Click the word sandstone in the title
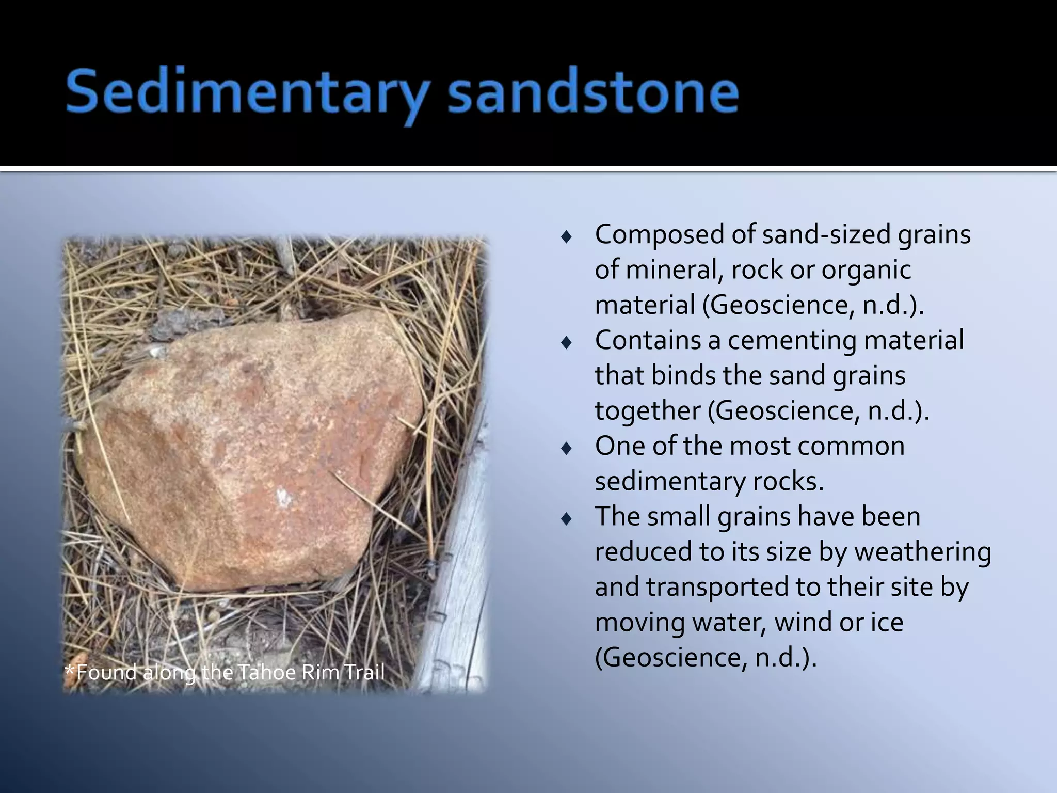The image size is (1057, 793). [x=594, y=93]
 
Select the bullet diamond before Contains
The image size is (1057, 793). [x=566, y=343]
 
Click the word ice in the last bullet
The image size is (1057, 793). [x=887, y=622]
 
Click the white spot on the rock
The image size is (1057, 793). [x=283, y=498]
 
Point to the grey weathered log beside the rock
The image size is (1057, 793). [x=459, y=594]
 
